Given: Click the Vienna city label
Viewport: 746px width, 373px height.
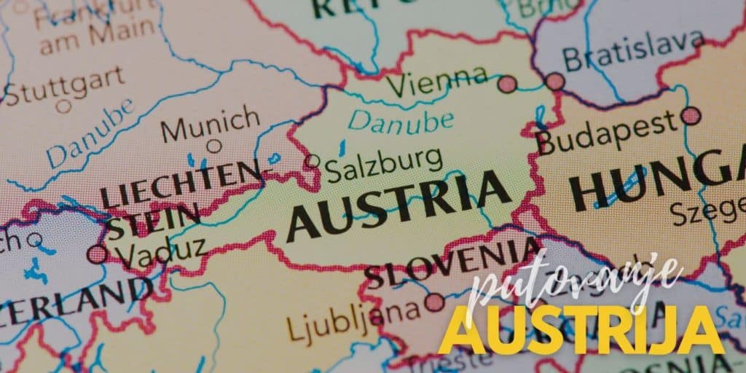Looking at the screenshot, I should pos(438,82).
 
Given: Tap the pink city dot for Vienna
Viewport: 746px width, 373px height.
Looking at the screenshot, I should pos(507,84).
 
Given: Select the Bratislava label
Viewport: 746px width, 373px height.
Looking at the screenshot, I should pos(635,51).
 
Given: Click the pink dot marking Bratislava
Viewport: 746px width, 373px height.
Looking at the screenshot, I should pos(555,81).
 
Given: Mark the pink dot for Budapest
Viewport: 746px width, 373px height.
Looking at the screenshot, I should pos(691,115).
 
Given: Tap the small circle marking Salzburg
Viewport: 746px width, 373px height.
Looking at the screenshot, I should pos(312,161).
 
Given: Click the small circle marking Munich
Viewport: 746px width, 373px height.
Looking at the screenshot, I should pos(213,146).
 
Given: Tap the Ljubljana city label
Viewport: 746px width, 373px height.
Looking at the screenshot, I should pos(354,320).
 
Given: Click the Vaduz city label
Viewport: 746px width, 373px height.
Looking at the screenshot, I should pos(161,254).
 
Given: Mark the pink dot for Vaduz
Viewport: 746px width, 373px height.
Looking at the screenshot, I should pos(97,254).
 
